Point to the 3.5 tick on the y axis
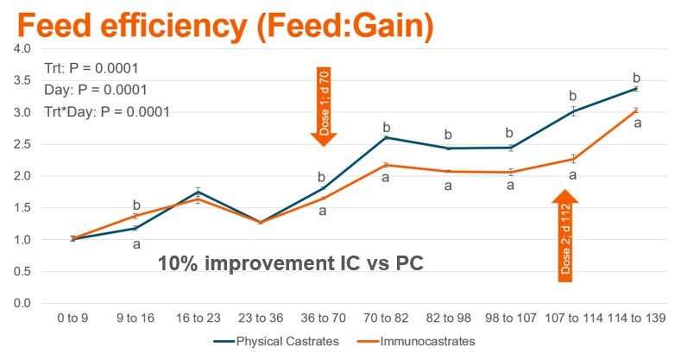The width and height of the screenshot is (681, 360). [x=21, y=80]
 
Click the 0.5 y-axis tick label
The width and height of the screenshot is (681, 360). [x=21, y=271]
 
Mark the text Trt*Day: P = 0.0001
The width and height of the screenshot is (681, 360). [x=107, y=111]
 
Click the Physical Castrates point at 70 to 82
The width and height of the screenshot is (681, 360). [x=385, y=137]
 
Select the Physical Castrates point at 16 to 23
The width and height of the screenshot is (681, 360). [x=198, y=192]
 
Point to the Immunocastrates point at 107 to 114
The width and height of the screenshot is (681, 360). [x=572, y=159]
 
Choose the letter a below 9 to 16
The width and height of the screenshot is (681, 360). [x=136, y=244]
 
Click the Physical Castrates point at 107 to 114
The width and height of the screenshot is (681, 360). [x=572, y=111]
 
